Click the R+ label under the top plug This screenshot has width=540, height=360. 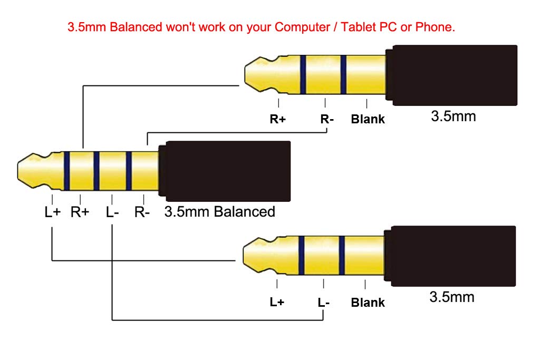pyautogui.click(x=278, y=119)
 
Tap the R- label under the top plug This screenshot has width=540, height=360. pyautogui.click(x=327, y=119)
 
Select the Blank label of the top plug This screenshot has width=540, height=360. pyautogui.click(x=368, y=119)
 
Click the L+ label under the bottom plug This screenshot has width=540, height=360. pyautogui.click(x=277, y=303)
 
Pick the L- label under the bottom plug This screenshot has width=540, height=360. pyautogui.click(x=324, y=303)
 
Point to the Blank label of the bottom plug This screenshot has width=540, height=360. pyautogui.click(x=368, y=303)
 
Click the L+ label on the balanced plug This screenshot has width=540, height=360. pyautogui.click(x=52, y=212)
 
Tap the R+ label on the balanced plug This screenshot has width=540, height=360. pyautogui.click(x=80, y=212)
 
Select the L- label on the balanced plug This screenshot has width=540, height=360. pyautogui.click(x=112, y=212)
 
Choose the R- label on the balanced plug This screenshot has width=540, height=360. pyautogui.click(x=142, y=212)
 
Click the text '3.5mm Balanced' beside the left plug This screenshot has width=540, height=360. pyautogui.click(x=220, y=212)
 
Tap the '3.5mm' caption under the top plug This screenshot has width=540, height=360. pyautogui.click(x=453, y=116)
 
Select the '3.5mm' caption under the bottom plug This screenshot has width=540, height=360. pyautogui.click(x=452, y=297)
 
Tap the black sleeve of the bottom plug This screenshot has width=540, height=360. pyautogui.click(x=454, y=257)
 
